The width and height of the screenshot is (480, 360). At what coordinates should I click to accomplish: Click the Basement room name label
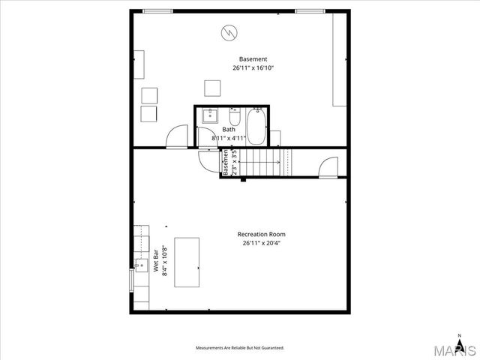click(x=253, y=59)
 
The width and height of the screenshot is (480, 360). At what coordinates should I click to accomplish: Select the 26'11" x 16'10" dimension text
click(x=253, y=68)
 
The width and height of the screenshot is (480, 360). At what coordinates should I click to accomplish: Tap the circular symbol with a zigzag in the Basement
click(x=229, y=32)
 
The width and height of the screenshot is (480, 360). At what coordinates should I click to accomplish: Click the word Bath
click(x=228, y=129)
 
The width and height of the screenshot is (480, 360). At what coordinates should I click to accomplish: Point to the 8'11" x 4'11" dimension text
click(x=228, y=138)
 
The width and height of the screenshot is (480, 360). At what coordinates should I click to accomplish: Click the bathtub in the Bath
click(x=257, y=127)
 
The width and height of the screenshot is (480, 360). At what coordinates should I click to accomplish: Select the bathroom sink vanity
click(x=209, y=115)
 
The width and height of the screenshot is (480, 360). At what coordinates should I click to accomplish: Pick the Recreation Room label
click(x=261, y=234)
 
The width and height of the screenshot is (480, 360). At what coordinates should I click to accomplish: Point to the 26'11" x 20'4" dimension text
click(x=261, y=243)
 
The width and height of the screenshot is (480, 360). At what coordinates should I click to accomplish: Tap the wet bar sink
click(x=141, y=264)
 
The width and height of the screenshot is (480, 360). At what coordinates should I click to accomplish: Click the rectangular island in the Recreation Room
click(x=187, y=262)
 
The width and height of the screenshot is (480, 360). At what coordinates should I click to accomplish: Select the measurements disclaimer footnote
click(x=240, y=349)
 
